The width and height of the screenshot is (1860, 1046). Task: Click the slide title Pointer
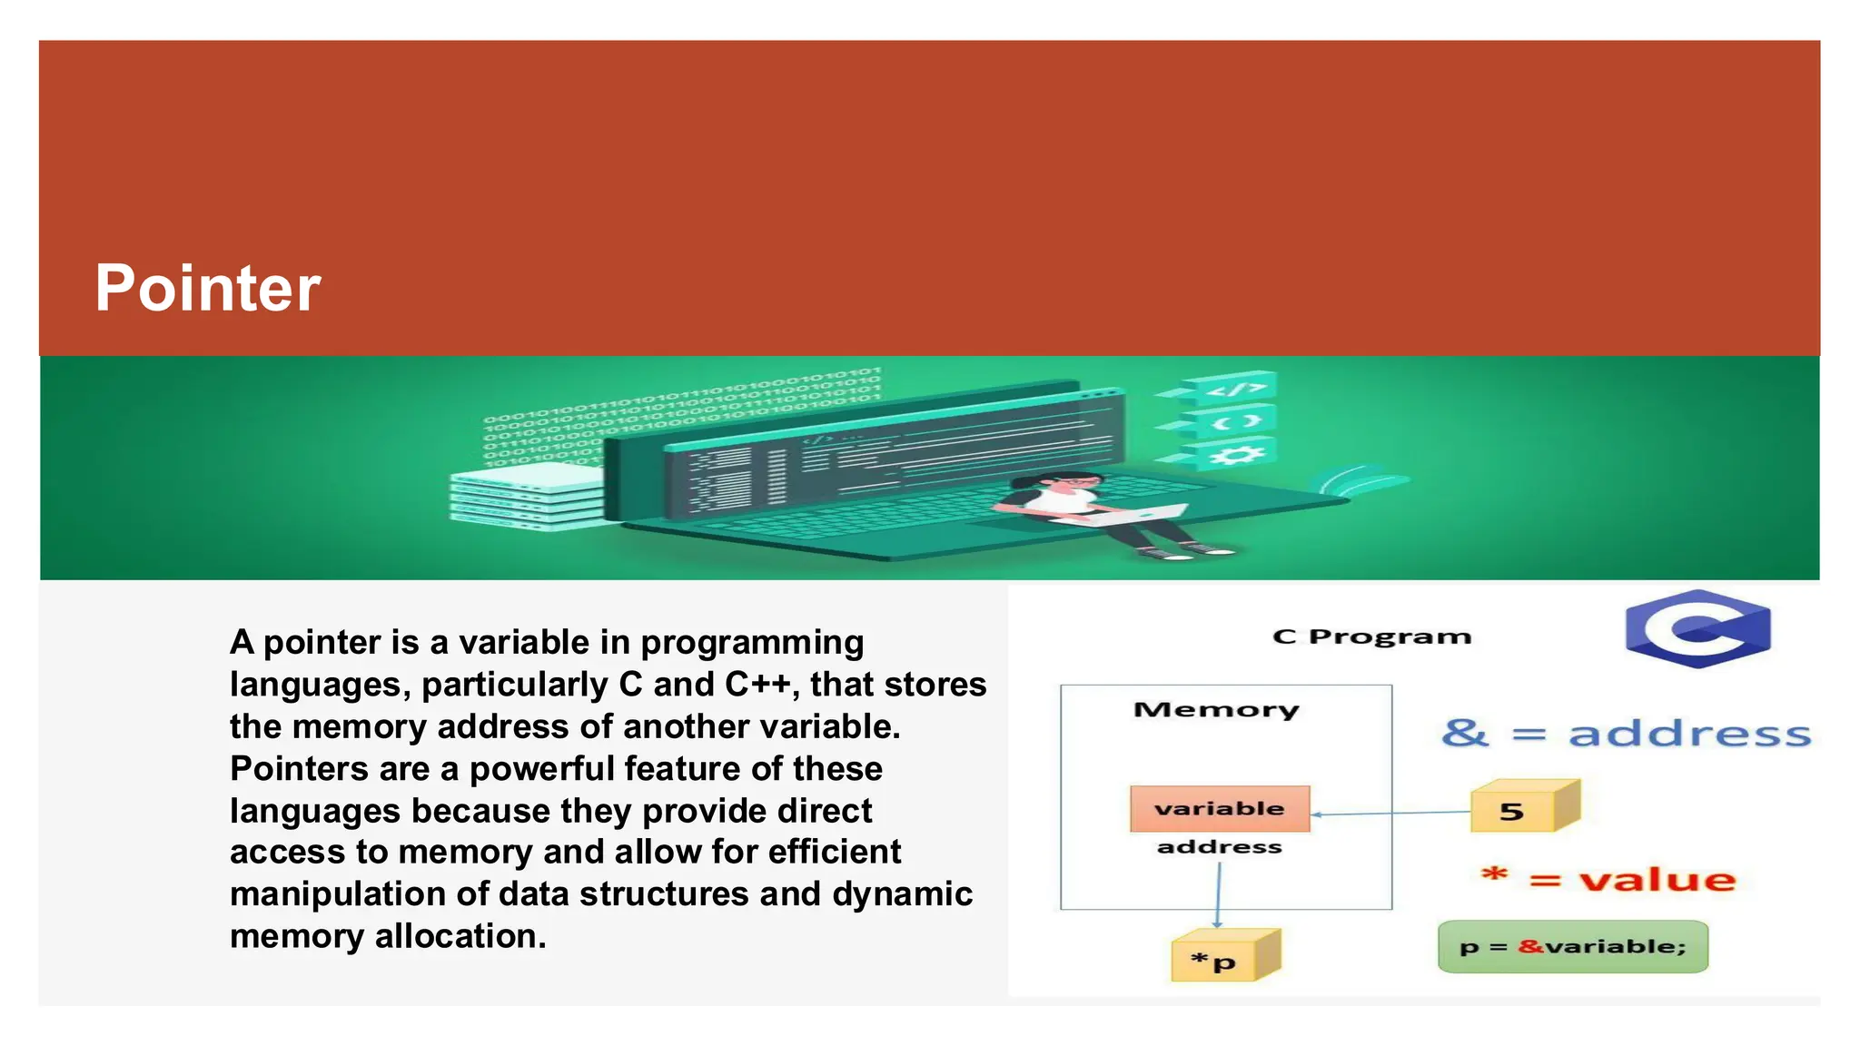[x=208, y=289]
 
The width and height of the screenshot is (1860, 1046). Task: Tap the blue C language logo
[x=1697, y=628]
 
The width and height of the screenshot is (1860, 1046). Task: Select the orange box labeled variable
[x=1220, y=808]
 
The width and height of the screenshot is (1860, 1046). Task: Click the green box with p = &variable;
[x=1573, y=947]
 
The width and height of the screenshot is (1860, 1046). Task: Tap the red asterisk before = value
[x=1494, y=876]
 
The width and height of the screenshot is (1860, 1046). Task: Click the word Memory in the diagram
[x=1216, y=709]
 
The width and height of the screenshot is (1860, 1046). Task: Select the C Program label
[x=1371, y=636]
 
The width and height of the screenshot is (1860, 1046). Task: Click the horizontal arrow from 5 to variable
[x=1390, y=813]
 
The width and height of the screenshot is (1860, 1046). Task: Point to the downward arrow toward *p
[x=1218, y=894]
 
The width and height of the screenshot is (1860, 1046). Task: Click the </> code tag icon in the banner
[x=1236, y=390]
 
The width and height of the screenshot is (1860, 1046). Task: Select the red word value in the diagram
[x=1657, y=879]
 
